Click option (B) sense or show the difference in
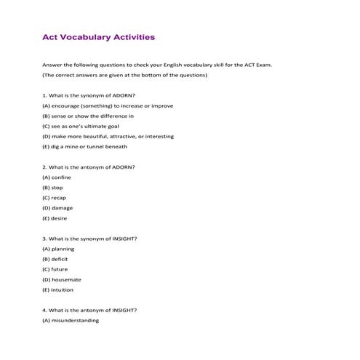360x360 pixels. click(x=88, y=116)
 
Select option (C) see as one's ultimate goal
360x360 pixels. click(x=82, y=126)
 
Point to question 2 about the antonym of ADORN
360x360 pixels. click(x=89, y=167)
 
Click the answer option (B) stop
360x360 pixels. click(x=53, y=187)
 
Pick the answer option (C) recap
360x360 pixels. click(x=55, y=197)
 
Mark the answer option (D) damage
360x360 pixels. click(x=58, y=207)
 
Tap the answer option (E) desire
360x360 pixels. click(x=56, y=217)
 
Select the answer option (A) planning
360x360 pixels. click(x=59, y=249)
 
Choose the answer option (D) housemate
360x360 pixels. click(x=62, y=279)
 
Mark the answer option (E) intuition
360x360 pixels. click(x=59, y=289)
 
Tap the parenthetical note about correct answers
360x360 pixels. click(x=125, y=75)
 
